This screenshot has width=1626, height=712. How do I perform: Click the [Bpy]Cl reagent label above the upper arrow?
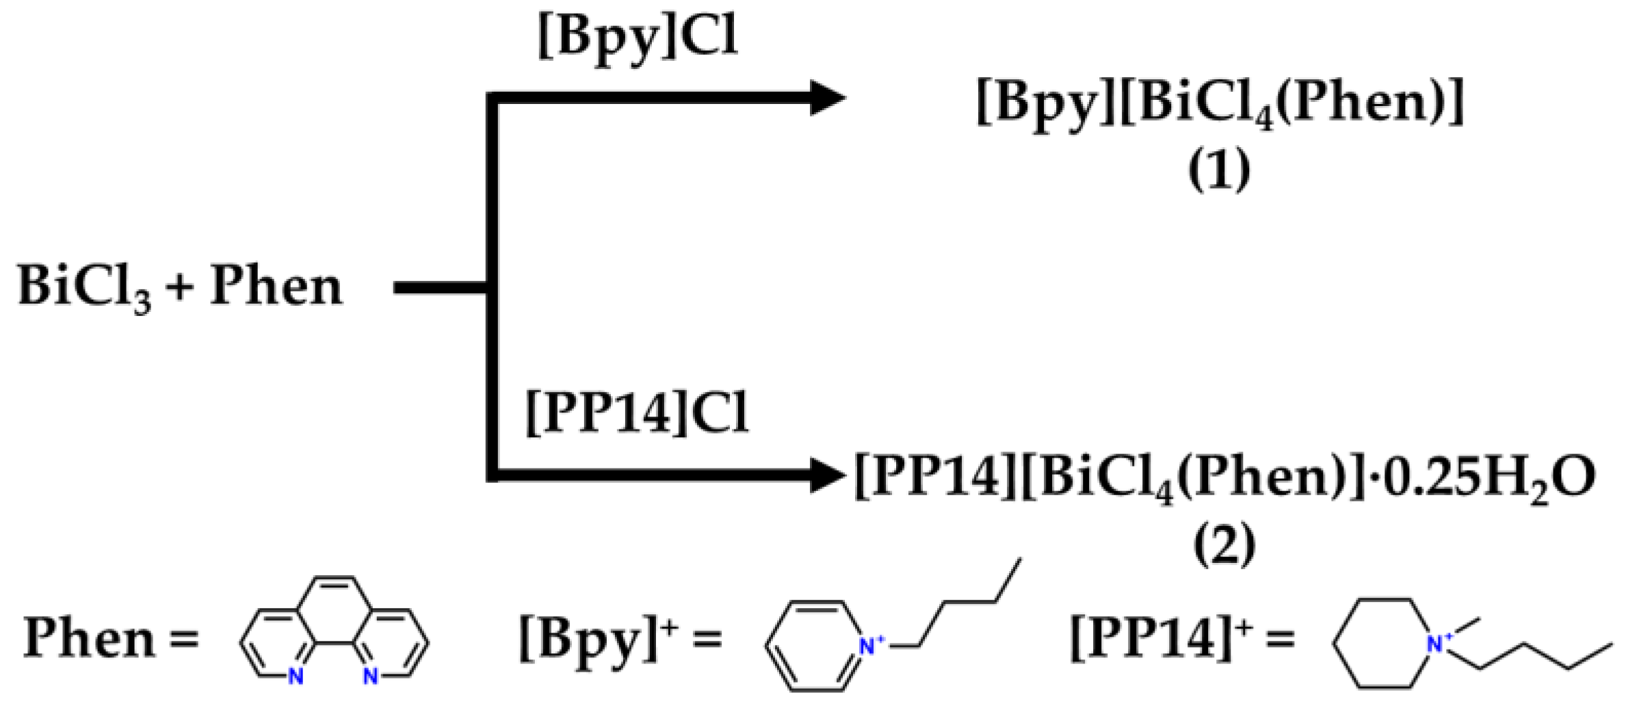pyautogui.click(x=638, y=38)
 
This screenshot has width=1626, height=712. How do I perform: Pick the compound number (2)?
pyautogui.click(x=1224, y=545)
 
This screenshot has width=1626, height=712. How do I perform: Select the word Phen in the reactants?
pyautogui.click(x=275, y=286)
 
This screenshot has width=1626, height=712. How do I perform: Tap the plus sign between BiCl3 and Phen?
pyautogui.click(x=180, y=287)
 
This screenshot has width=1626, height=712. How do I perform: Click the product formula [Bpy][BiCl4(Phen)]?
pyautogui.click(x=1219, y=103)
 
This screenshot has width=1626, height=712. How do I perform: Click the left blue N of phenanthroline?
pyautogui.click(x=296, y=676)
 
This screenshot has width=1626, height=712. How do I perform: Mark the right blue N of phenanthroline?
pyautogui.click(x=370, y=676)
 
